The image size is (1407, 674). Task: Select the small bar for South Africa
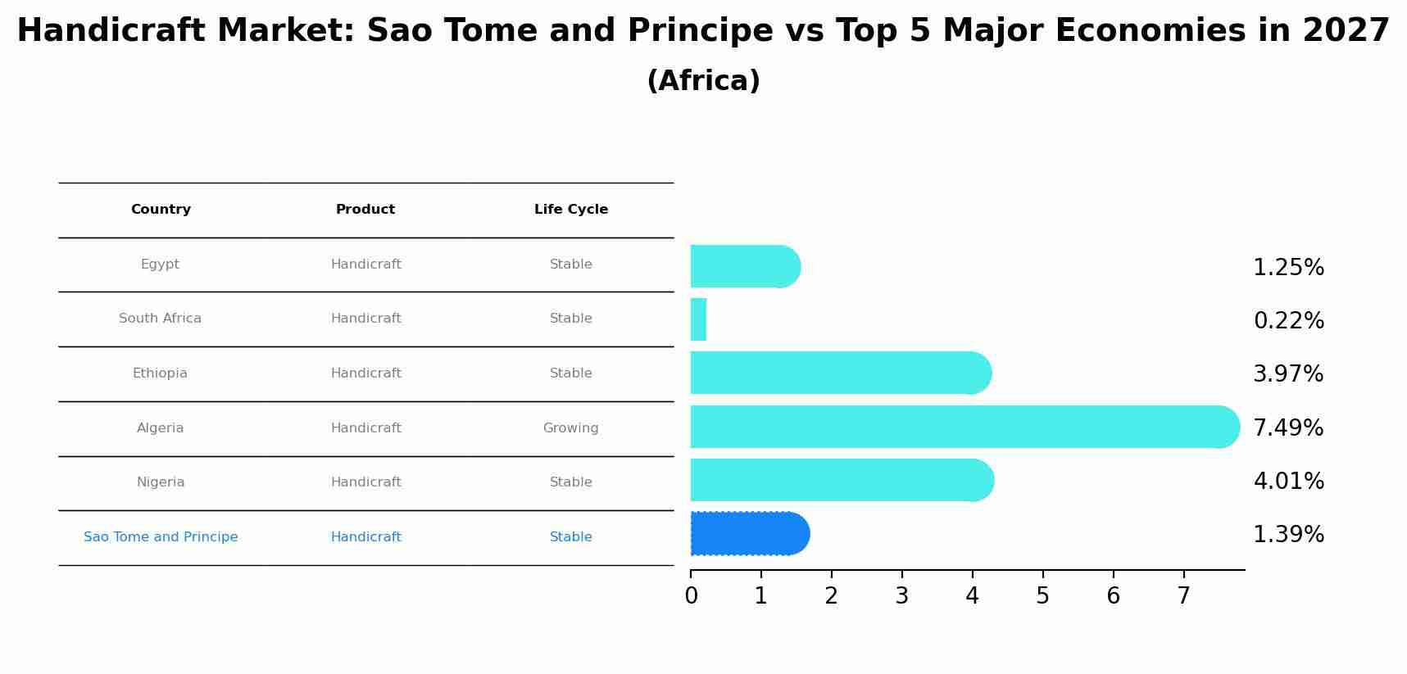[x=698, y=319]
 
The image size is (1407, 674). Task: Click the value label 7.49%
[x=1288, y=427]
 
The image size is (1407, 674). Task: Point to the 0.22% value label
[x=1288, y=321]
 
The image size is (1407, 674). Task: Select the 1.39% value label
[x=1288, y=535]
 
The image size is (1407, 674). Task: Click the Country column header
[x=161, y=210]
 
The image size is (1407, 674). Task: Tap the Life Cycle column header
[x=571, y=210]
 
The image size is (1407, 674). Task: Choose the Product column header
[x=365, y=210]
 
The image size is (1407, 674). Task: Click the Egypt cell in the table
[x=160, y=265]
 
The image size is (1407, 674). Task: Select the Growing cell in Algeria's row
[x=570, y=428]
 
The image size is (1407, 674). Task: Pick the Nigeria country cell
[x=161, y=482]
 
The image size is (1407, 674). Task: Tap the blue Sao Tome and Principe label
[x=161, y=537]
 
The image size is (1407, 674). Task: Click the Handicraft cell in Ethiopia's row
[x=365, y=373]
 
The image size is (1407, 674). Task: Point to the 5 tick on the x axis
[x=1042, y=596]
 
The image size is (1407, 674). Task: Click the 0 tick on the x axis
[x=691, y=596]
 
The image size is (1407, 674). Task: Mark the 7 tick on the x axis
[x=1183, y=596]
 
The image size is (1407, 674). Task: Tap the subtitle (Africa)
[x=703, y=81]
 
